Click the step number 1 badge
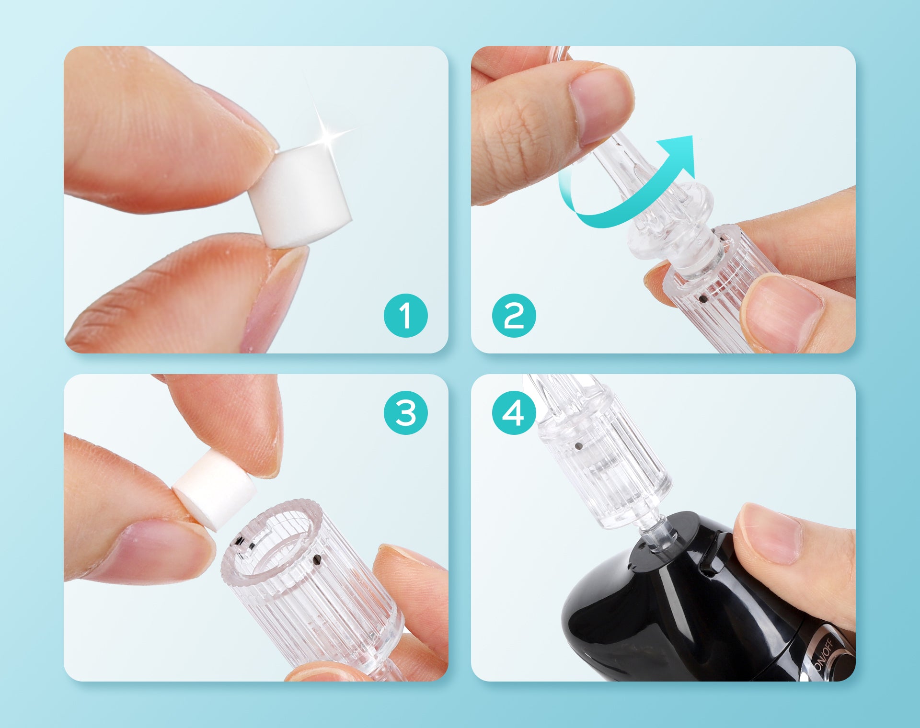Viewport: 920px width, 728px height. click(405, 316)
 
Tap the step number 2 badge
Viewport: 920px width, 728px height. click(514, 316)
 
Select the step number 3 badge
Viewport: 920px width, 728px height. click(405, 413)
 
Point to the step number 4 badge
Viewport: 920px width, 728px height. click(514, 413)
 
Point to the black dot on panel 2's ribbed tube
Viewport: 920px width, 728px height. click(703, 299)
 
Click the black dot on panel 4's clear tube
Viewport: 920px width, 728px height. click(578, 447)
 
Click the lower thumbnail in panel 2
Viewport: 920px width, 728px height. click(781, 311)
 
